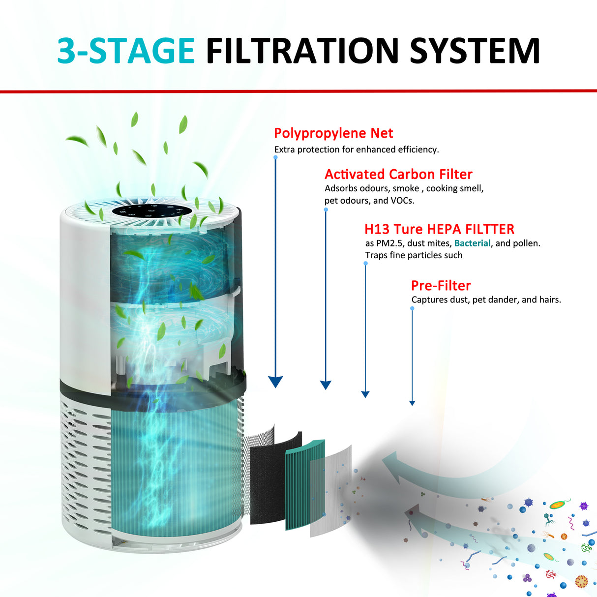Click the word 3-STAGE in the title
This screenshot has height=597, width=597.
pos(126,51)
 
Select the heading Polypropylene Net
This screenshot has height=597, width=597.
pos(333,133)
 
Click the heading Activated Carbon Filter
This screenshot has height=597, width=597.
pos(398,174)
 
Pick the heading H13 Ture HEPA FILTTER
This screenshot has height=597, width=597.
pos(439,229)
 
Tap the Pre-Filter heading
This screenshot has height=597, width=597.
pos(441,286)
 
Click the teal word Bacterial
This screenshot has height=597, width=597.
pos(472,243)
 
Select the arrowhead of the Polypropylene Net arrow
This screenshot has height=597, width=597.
pos(275,382)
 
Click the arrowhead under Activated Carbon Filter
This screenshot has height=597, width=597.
pos(326,385)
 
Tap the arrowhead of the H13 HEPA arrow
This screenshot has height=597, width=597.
pos(365,394)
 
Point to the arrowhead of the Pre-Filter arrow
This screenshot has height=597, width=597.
pos(412,403)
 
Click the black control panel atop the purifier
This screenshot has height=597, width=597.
pos(151,210)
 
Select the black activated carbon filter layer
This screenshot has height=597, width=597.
pos(268,482)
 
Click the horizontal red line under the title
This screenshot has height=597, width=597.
pos(298,91)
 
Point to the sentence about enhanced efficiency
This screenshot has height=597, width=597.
pos(356,149)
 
